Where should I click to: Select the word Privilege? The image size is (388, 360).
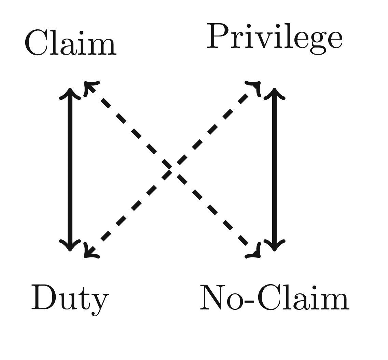(275, 38)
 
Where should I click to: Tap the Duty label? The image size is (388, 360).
(70, 298)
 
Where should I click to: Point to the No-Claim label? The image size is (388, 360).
(274, 298)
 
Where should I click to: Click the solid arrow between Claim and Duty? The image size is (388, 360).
(70, 169)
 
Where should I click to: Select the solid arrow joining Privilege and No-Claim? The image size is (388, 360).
(274, 169)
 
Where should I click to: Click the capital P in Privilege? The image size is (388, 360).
(219, 36)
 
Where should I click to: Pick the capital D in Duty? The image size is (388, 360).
(44, 297)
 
